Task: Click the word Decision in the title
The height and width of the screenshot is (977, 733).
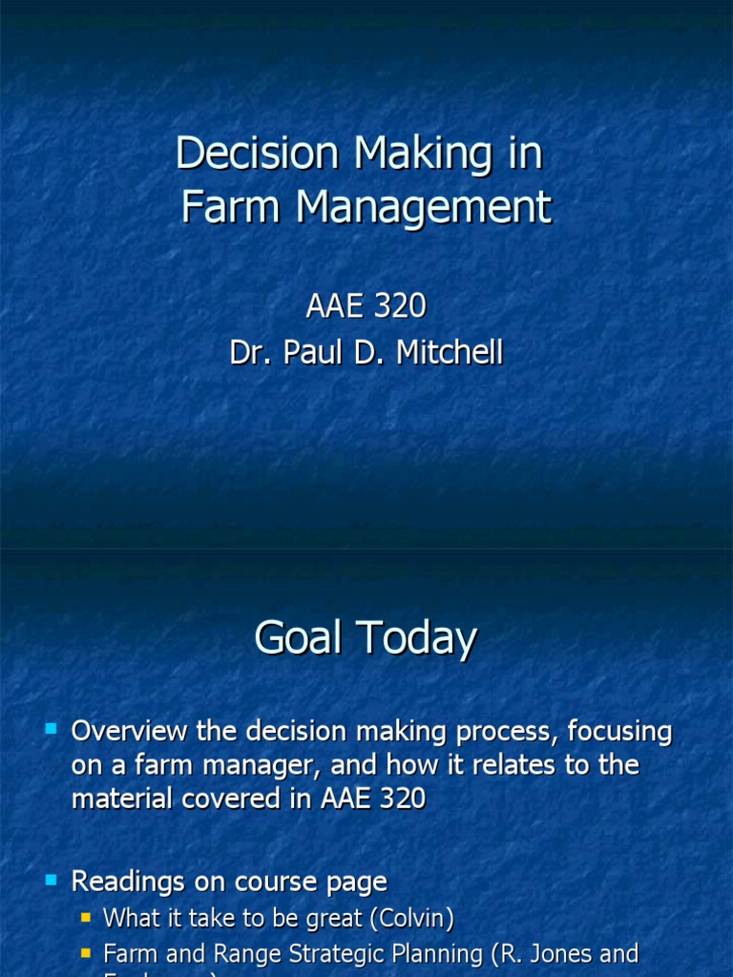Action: pos(258,155)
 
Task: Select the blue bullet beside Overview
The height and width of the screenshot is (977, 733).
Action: pos(52,730)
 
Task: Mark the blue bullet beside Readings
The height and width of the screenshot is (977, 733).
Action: pos(52,879)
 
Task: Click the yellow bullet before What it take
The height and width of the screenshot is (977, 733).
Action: pos(87,918)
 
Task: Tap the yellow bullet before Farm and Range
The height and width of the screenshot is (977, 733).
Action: pos(87,952)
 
